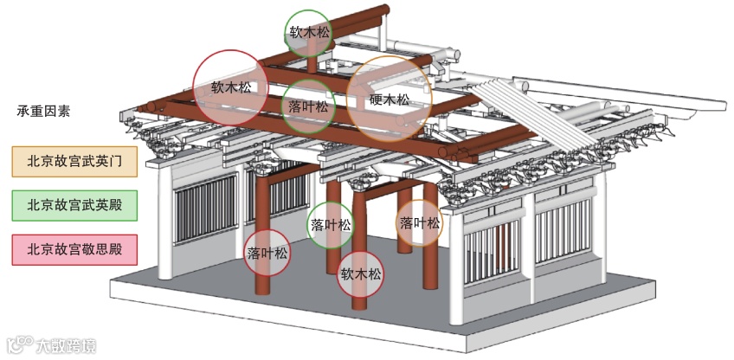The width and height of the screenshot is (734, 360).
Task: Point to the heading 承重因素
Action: (43, 111)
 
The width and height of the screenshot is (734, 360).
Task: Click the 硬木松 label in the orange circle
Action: (389, 99)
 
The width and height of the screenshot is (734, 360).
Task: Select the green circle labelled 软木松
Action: (310, 32)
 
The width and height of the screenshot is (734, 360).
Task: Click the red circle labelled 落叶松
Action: (267, 254)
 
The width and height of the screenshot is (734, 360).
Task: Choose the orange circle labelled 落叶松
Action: (420, 223)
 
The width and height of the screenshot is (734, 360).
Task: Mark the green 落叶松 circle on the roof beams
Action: (308, 107)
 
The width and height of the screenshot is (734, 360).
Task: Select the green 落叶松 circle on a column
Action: (331, 225)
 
